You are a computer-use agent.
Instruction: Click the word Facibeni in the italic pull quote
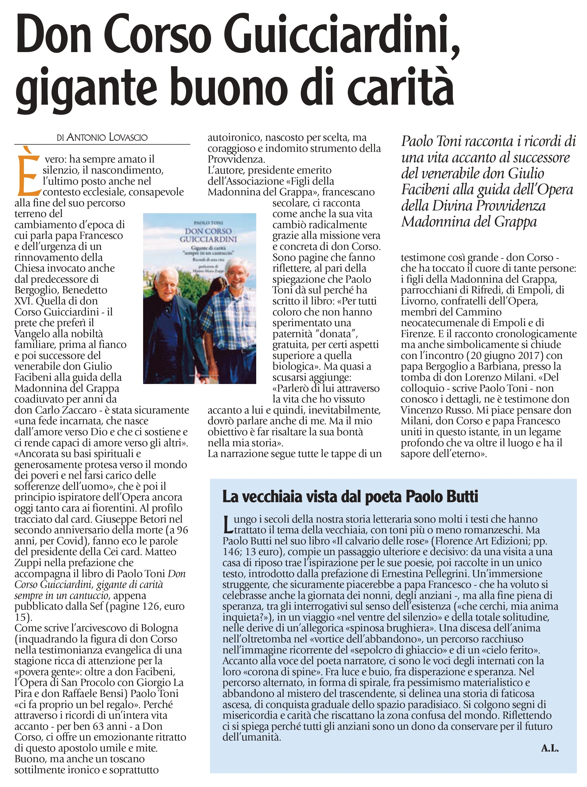424,190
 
